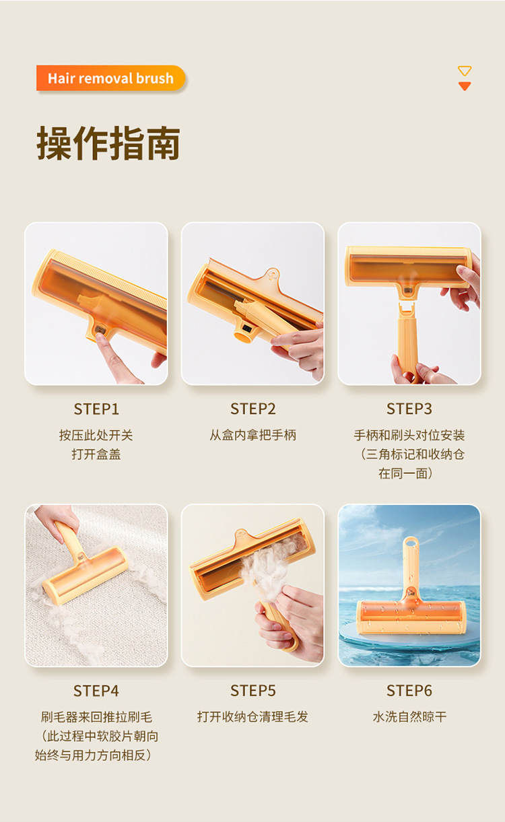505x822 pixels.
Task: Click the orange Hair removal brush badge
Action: pos(110,78)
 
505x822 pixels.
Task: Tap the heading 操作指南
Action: pos(108,143)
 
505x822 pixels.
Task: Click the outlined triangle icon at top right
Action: pos(464,71)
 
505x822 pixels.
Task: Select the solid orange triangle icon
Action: pos(465,86)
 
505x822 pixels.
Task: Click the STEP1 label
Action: pos(96,409)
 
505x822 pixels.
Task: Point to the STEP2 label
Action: pos(253,409)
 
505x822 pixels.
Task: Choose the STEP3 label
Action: pos(409,409)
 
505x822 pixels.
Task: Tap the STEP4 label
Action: pos(96,691)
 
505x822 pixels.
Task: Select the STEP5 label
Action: pos(253,691)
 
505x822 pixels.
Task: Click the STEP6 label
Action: pos(409,691)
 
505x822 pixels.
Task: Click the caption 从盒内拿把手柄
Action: pos(253,435)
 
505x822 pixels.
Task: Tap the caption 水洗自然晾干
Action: pos(409,717)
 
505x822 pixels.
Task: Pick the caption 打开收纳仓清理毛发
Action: pos(253,717)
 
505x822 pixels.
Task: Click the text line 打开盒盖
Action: pos(96,454)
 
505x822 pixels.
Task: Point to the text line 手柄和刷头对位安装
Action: pos(409,435)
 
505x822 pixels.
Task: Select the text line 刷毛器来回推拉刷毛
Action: pos(96,717)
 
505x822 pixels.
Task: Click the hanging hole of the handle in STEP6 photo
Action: pos(411,542)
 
